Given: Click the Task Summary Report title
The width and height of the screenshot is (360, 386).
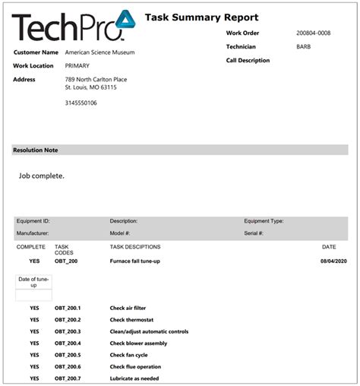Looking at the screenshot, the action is pyautogui.click(x=201, y=17).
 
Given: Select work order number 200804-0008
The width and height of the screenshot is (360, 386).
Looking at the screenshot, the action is pyautogui.click(x=313, y=33).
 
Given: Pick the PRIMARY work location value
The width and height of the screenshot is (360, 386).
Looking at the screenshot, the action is pyautogui.click(x=77, y=65).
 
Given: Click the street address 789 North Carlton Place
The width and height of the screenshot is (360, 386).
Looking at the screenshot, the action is pyautogui.click(x=96, y=79).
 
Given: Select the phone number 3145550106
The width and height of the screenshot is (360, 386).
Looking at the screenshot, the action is pyautogui.click(x=81, y=103).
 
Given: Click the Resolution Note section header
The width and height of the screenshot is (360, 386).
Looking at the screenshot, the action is pyautogui.click(x=36, y=150).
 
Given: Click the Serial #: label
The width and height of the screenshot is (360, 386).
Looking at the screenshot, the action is pyautogui.click(x=254, y=233).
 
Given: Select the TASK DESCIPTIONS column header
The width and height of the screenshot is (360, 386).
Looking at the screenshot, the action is pyautogui.click(x=135, y=247).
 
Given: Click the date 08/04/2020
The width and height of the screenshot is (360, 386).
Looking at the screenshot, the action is pyautogui.click(x=334, y=261).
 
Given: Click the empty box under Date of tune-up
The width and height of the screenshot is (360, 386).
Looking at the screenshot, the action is pyautogui.click(x=34, y=296).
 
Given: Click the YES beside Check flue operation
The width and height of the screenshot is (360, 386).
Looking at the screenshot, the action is pyautogui.click(x=34, y=367).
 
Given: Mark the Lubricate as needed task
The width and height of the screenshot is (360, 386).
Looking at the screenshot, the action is pyautogui.click(x=134, y=378).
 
